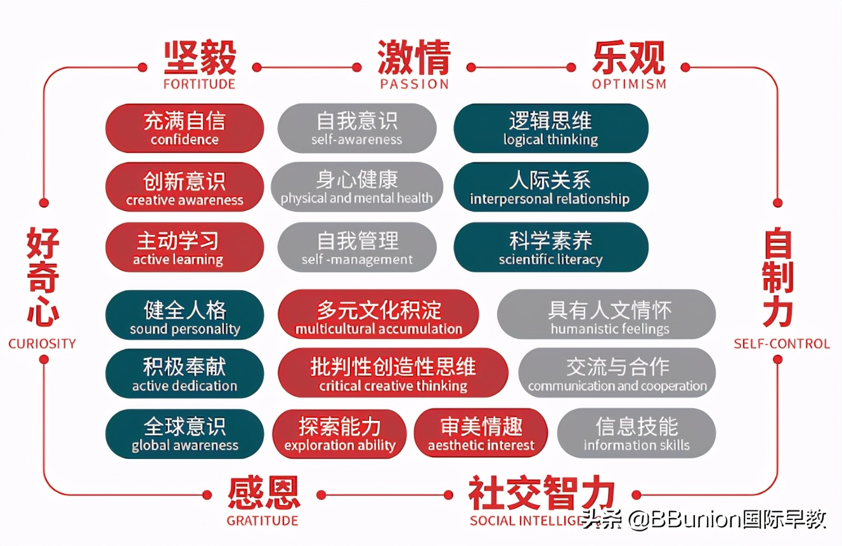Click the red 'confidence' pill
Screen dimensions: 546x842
[185, 128]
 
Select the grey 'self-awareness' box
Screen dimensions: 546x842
[357, 128]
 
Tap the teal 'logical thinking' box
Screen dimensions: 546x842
[550, 128]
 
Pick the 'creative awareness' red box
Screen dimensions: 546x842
[185, 188]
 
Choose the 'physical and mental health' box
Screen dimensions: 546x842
[357, 188]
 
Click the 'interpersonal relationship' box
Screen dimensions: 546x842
[550, 188]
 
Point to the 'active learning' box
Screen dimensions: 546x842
[185, 248]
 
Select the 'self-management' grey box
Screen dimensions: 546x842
[357, 248]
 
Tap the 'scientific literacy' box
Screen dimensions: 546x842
[550, 248]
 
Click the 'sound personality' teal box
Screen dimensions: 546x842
[185, 316]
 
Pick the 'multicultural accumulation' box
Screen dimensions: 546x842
[379, 316]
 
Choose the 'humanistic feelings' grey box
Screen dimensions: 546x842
[606, 316]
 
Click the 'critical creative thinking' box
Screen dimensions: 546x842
[393, 373]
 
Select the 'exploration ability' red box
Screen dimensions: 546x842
[340, 433]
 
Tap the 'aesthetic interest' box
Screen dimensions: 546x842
[481, 433]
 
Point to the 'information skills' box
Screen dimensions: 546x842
[637, 433]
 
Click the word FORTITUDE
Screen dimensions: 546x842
[199, 84]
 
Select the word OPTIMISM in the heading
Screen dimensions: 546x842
[629, 84]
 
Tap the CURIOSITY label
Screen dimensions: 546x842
[42, 344]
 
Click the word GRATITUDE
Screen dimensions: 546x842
[262, 521]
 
